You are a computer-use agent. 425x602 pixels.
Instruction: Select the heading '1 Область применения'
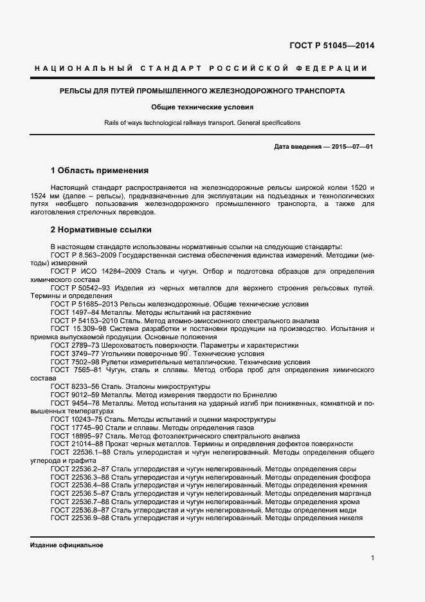(x=99, y=171)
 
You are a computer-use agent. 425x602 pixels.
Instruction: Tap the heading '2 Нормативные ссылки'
(x=100, y=229)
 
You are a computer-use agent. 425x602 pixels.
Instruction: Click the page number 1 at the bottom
(x=372, y=558)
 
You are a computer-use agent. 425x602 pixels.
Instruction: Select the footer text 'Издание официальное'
(x=66, y=545)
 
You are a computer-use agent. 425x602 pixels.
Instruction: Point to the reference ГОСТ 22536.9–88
(x=80, y=518)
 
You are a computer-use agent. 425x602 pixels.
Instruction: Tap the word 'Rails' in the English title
(x=112, y=122)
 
